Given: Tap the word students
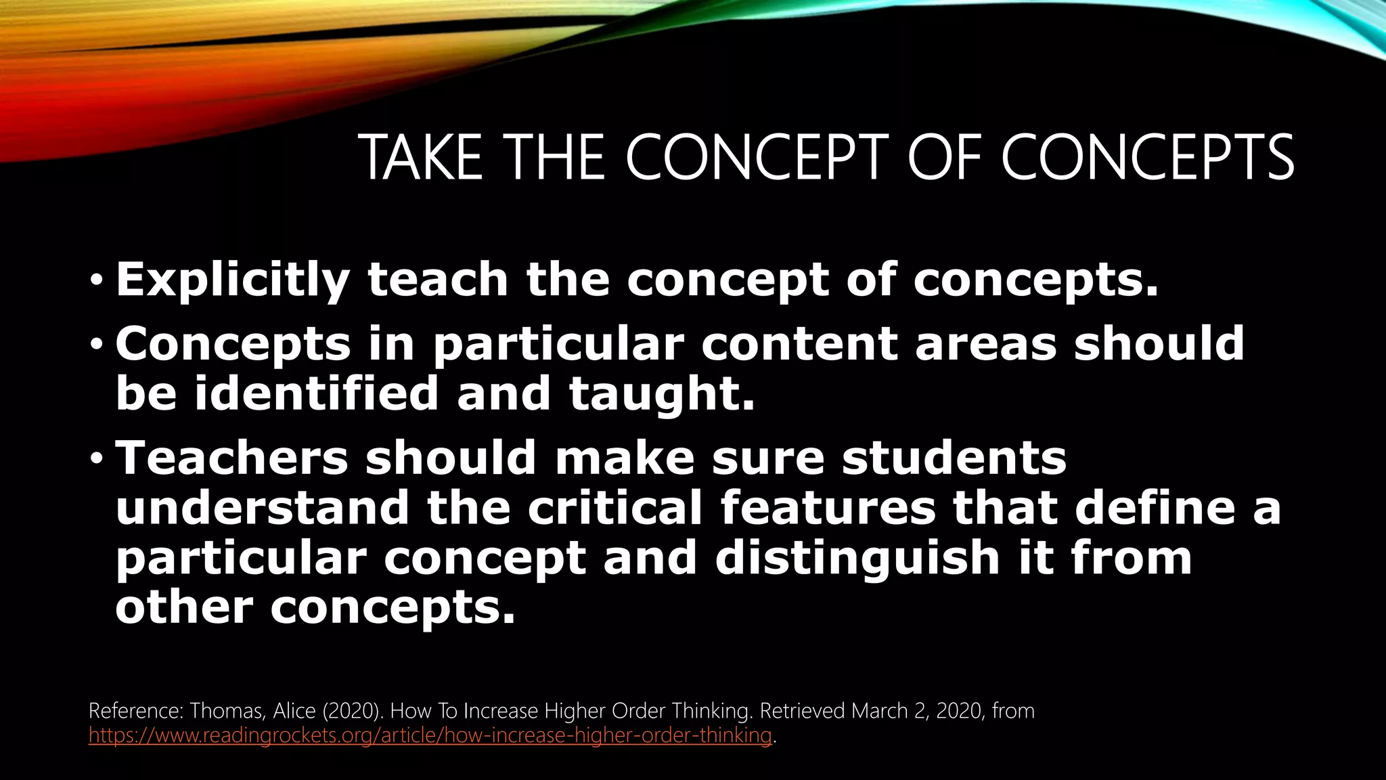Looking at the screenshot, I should tap(954, 457).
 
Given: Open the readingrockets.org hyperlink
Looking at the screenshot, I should tap(430, 735).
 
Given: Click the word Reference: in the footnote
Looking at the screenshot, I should tap(136, 711).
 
